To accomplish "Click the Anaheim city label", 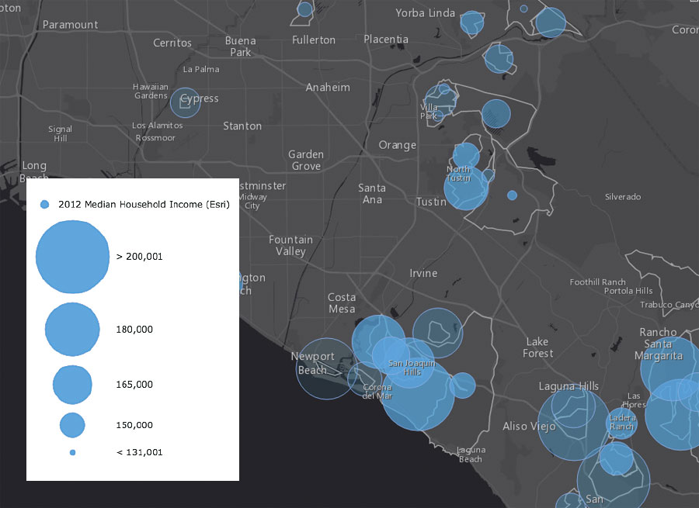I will click(x=328, y=88).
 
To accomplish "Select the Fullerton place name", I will click(x=314, y=40).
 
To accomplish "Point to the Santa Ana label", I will click(x=372, y=194).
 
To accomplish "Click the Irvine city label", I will click(x=423, y=273).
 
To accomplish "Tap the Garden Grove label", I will click(x=305, y=161).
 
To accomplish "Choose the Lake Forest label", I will click(x=537, y=347).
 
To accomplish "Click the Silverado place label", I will click(x=623, y=197).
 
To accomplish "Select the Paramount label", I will click(x=70, y=25).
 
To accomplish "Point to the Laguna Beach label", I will click(x=471, y=454).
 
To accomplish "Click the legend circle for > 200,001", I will click(x=72, y=256).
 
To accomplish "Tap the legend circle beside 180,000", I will click(x=72, y=329).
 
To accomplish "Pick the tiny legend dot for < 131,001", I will click(x=72, y=452).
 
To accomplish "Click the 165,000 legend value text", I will click(x=134, y=385).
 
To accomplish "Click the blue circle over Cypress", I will click(x=186, y=103).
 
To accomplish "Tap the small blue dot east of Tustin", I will click(x=512, y=195).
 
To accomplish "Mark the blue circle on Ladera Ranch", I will click(x=621, y=423).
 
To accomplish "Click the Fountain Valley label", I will click(x=290, y=246).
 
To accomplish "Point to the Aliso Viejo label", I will click(x=526, y=426).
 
